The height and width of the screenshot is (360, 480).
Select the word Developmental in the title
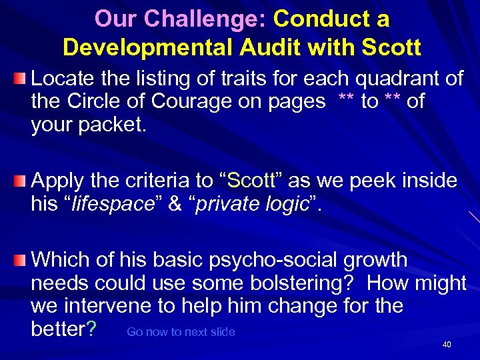(x=145, y=48)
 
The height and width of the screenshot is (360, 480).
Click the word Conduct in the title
(x=313, y=19)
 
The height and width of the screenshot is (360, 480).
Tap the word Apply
(x=56, y=181)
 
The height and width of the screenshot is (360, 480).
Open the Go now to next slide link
(x=181, y=332)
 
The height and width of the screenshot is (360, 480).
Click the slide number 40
(x=447, y=345)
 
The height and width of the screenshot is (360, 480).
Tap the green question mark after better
(x=93, y=329)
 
